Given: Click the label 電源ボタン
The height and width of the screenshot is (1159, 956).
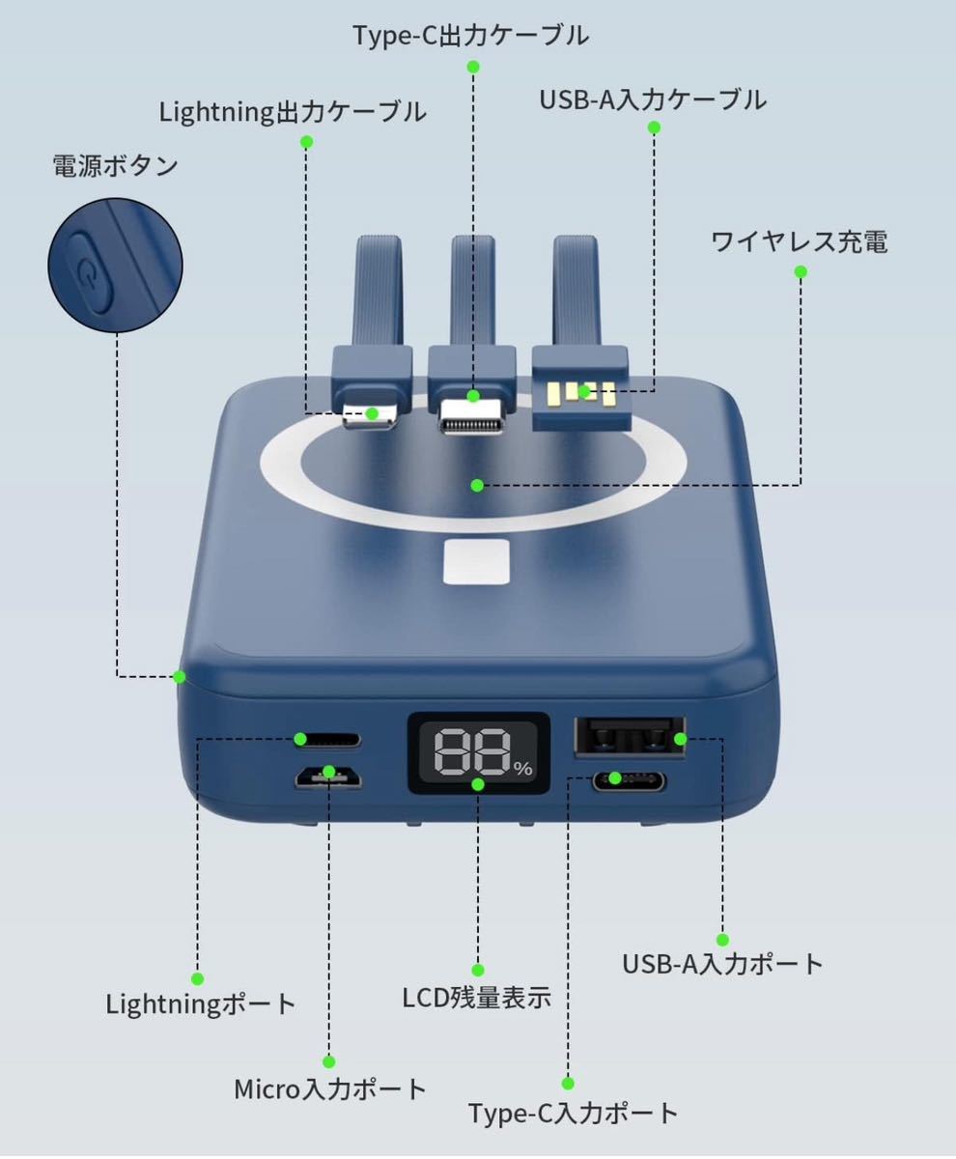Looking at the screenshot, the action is (115, 166).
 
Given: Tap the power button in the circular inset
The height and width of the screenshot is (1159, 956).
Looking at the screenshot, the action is (90, 272).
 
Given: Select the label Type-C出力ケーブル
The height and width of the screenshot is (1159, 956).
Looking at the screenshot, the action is (471, 36).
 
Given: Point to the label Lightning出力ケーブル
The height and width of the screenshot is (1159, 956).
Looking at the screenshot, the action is (293, 112).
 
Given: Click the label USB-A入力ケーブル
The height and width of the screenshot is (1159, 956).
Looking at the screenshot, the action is (653, 99).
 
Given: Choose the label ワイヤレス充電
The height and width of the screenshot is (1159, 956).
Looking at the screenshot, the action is (800, 242).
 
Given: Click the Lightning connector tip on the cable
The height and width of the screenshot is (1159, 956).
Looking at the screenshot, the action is (370, 415).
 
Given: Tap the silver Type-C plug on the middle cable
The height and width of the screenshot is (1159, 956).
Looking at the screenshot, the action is (472, 416).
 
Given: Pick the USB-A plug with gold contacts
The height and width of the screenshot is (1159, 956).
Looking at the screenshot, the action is (580, 388).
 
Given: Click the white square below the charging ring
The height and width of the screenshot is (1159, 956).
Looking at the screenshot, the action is (476, 562).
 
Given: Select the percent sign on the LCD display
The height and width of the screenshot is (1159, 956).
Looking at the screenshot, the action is (523, 768).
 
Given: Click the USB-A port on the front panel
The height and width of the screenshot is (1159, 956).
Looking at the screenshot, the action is (630, 737).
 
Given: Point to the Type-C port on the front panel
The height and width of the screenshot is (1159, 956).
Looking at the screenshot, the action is (629, 781).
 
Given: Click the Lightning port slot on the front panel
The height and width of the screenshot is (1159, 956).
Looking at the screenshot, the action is (327, 740).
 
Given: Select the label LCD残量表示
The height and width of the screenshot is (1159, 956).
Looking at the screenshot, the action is (476, 998).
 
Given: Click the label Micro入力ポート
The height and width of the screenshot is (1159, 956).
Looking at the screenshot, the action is (329, 1089).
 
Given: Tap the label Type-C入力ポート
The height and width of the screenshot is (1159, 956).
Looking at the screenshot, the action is (573, 1113).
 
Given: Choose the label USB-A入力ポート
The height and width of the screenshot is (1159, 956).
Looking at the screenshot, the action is (721, 964).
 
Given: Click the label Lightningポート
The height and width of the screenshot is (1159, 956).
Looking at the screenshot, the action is (201, 1004).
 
